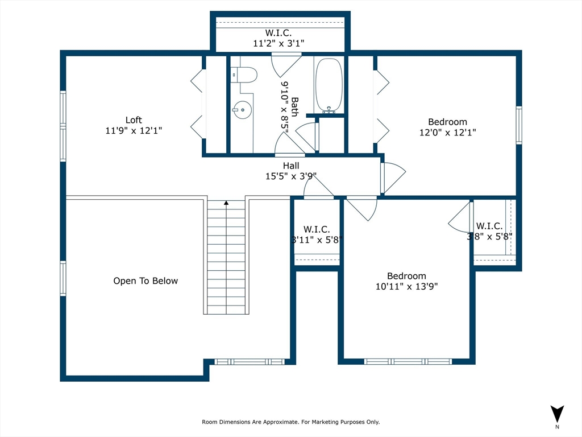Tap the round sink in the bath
[x=242, y=110]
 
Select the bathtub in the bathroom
[x=329, y=85]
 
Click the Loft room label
[x=134, y=120]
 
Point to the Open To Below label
[x=145, y=281]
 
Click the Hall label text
[x=291, y=166]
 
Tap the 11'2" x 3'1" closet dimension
[x=278, y=43]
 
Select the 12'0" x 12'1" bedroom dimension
[x=448, y=132]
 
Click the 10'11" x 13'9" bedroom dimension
[x=407, y=287]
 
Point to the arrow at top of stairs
[x=226, y=203]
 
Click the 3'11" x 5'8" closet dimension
[x=317, y=240]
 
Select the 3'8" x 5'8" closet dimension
[x=489, y=236]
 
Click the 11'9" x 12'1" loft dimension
[x=134, y=131]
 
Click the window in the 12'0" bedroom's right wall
[x=519, y=125]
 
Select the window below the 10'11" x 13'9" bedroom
[x=408, y=361]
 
